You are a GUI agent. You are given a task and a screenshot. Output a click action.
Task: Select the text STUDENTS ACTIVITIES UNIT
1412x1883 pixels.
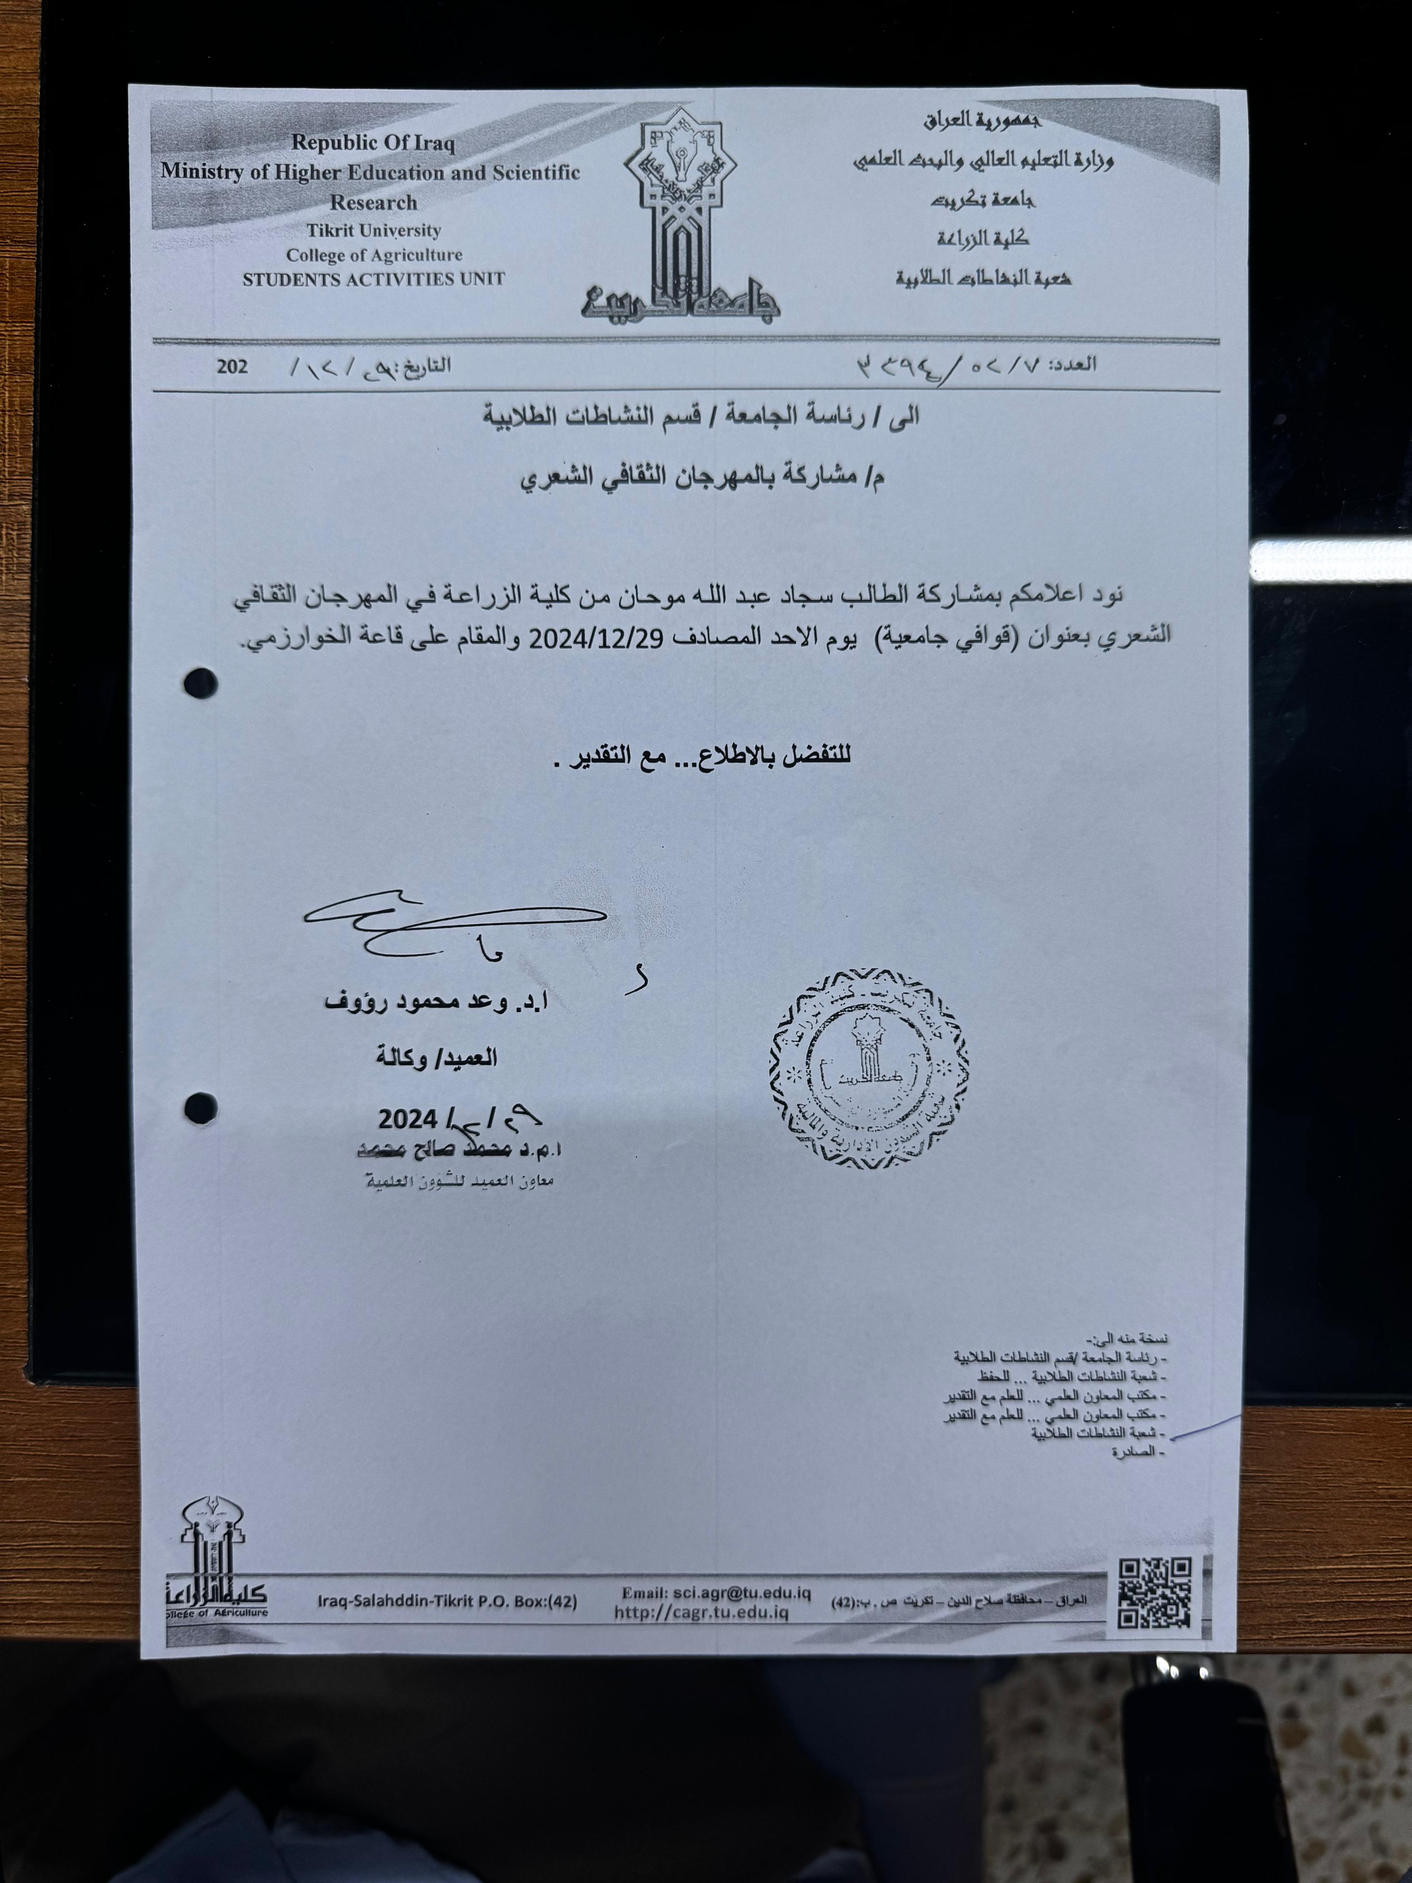(x=374, y=279)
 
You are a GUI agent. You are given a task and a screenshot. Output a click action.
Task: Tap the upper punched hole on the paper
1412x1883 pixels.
(x=201, y=683)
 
